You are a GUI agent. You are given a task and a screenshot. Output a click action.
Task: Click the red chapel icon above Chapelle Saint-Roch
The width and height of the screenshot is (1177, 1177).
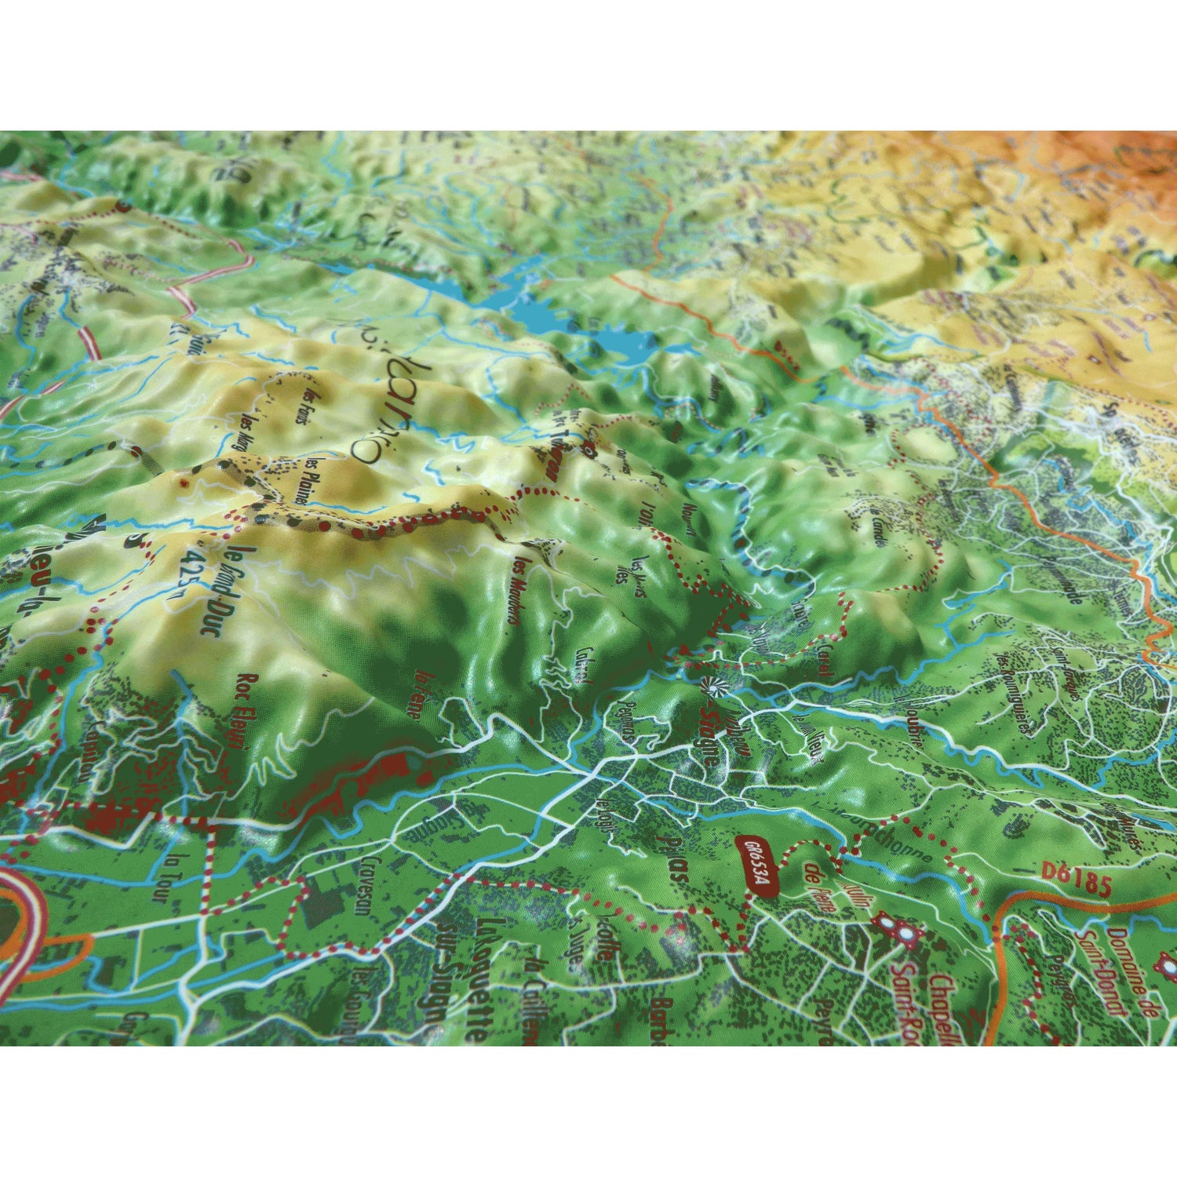click(x=898, y=931)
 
